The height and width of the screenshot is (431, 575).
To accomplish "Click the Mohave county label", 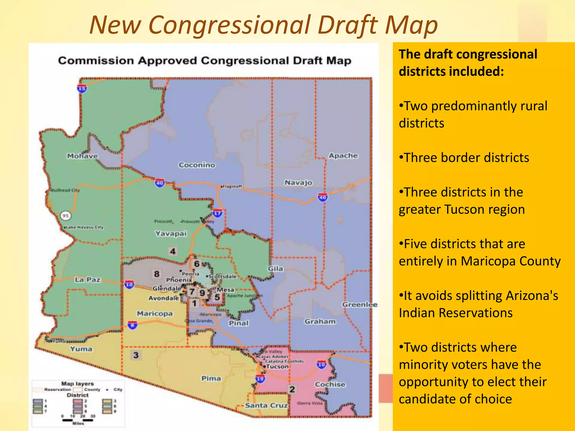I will point(82,156).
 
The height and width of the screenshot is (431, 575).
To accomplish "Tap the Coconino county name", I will point(197,165).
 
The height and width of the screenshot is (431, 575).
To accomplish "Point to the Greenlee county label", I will point(360,304).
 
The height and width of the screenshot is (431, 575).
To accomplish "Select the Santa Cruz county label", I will point(266,405).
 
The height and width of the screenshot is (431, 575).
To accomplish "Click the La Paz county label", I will point(88,280).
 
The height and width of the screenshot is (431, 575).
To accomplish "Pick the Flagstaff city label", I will point(232,186).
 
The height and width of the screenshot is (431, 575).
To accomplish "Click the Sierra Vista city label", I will point(310,403).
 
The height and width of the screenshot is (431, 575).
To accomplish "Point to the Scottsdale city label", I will point(223,276).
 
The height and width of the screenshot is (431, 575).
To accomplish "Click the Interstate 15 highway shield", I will point(82,88).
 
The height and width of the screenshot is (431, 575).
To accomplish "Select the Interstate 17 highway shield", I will point(217,213).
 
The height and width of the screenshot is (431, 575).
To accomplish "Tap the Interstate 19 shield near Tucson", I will point(260,379).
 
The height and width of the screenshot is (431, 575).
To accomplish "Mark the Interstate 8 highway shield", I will point(133,325).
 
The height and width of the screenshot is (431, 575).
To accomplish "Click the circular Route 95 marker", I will point(65,215).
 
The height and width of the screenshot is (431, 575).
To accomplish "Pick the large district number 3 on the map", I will point(136,355).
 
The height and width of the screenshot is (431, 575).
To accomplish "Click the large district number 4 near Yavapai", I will point(173,251).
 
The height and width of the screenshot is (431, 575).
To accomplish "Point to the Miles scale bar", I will point(78,420).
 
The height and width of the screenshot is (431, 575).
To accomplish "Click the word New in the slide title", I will point(115,25).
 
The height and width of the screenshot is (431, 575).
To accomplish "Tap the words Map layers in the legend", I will point(77,384).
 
